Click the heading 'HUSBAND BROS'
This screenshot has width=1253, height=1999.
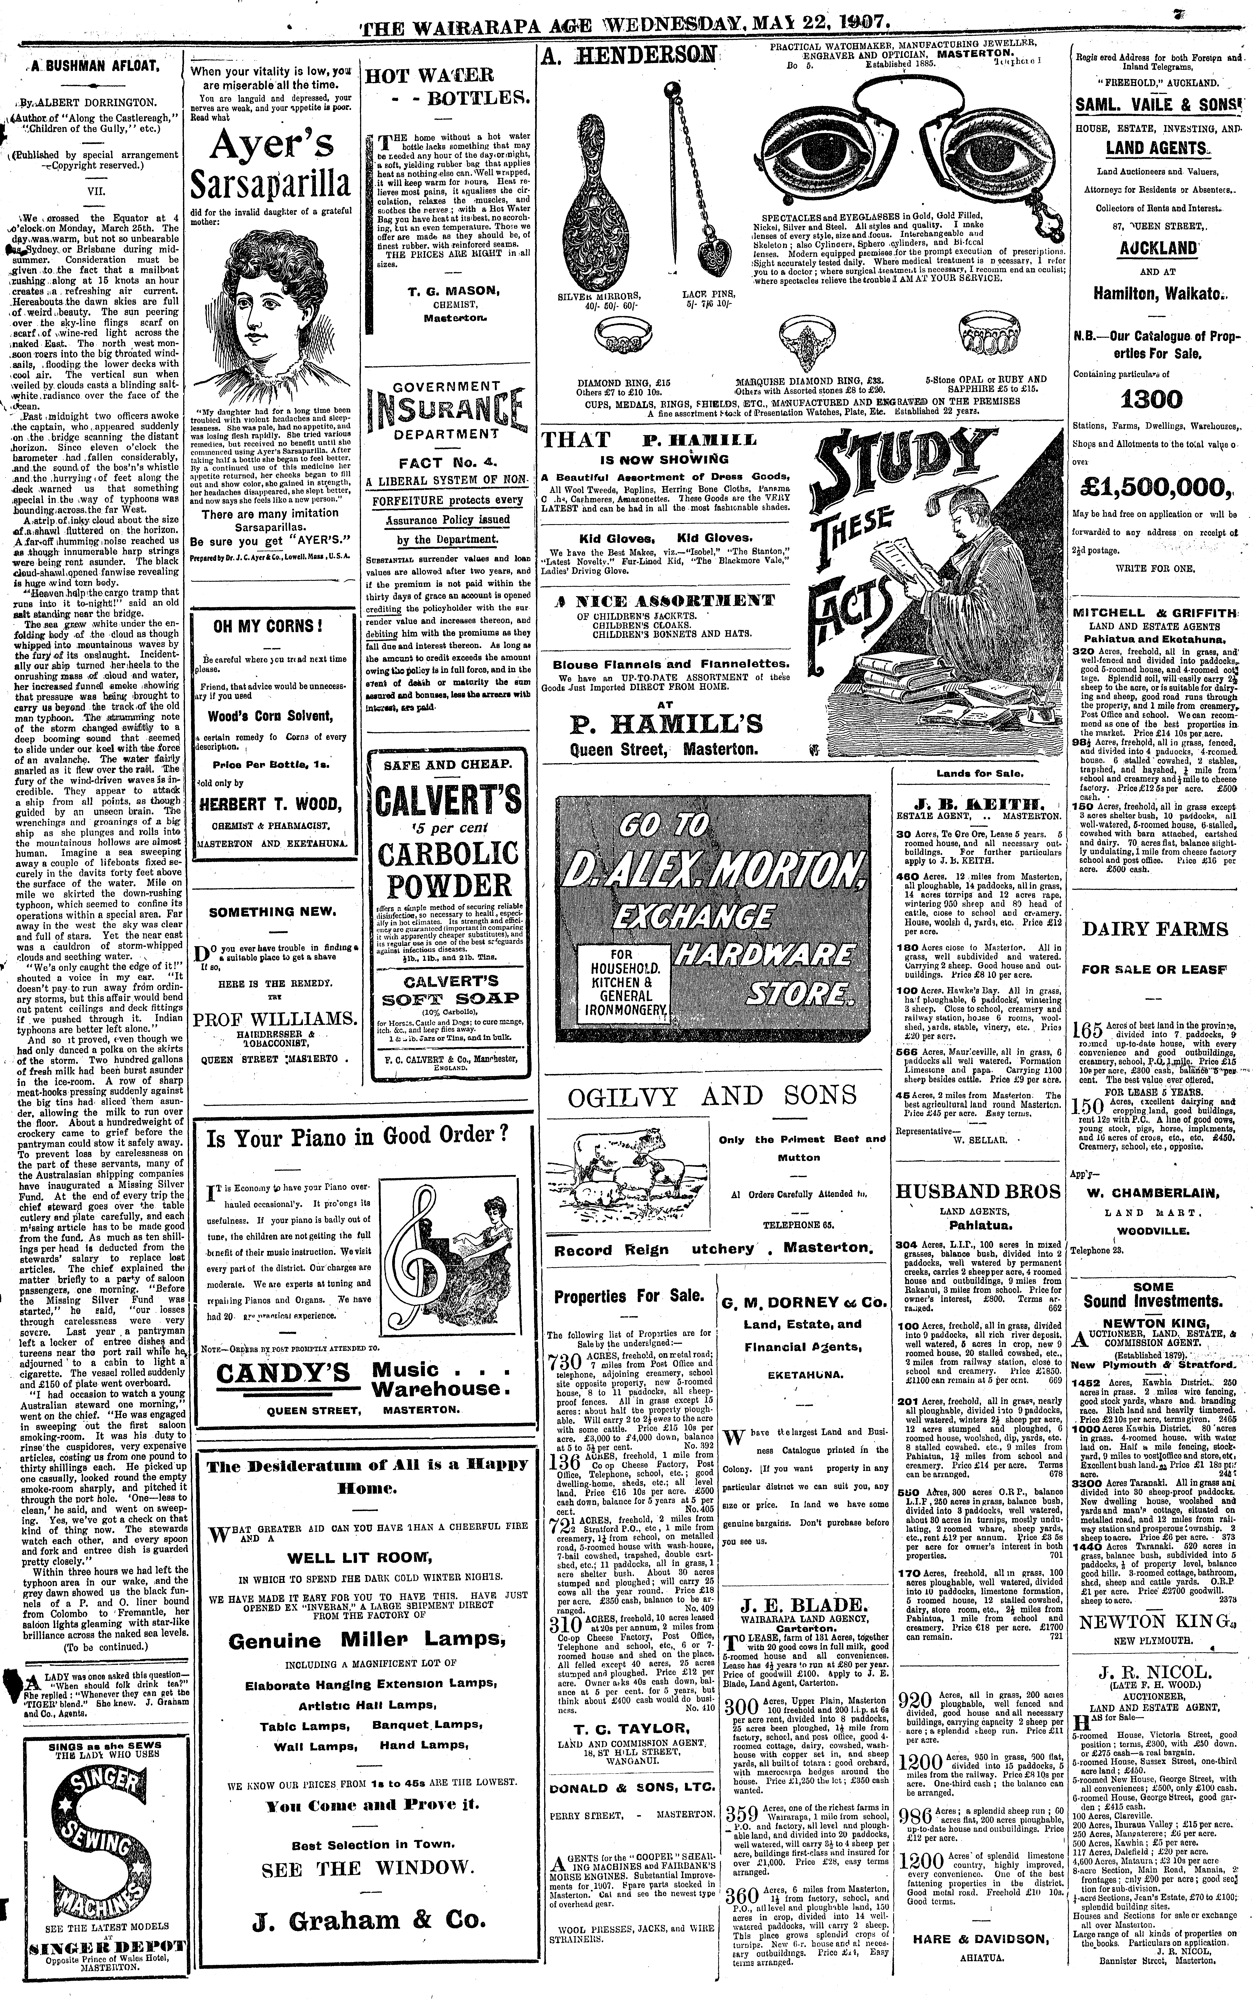977,1191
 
